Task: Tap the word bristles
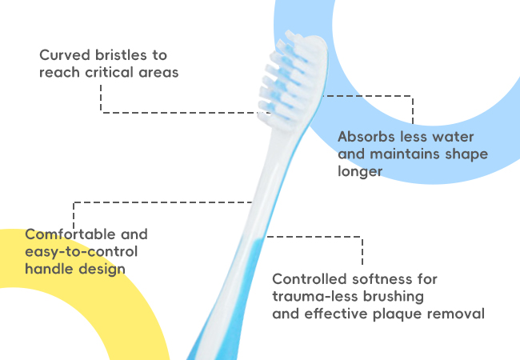122,55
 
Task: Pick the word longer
360,172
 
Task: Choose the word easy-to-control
82,252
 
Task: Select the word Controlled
309,279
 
